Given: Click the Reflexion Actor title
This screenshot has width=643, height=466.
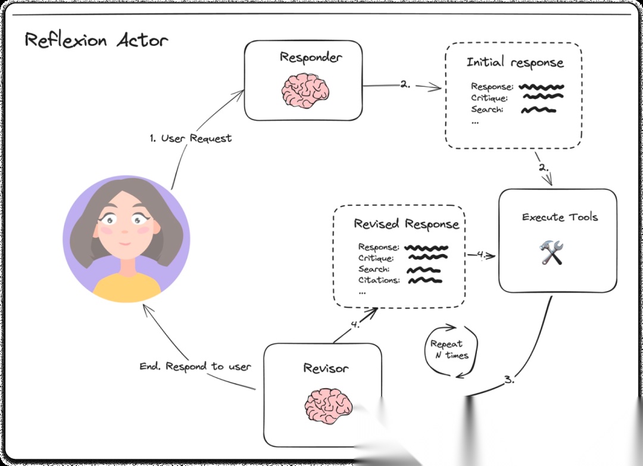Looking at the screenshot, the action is click(96, 40).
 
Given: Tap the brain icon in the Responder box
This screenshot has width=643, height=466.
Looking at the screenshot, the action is click(305, 90).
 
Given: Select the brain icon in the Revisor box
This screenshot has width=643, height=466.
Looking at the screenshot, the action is click(329, 406).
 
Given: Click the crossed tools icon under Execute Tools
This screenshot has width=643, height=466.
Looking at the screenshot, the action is click(551, 252).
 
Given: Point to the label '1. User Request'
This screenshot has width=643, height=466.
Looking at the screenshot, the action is click(191, 138).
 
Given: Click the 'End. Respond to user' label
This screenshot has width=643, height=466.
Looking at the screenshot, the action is click(195, 366).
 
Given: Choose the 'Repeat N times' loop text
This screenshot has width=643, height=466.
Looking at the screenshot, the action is click(449, 349).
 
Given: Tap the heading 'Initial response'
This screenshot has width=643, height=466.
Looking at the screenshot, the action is click(515, 62).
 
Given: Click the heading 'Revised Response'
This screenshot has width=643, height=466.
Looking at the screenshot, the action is click(407, 224).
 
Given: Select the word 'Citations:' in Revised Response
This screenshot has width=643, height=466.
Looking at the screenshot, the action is click(379, 280).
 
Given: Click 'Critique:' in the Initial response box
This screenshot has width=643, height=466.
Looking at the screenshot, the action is click(489, 98).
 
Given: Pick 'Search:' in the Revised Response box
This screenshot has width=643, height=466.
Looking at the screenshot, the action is click(374, 269).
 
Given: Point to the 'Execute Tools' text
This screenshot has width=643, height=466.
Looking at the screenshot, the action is click(560, 217).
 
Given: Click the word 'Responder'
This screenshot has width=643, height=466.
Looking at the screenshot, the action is click(310, 57).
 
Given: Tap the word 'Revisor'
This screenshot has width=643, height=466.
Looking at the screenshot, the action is click(326, 368).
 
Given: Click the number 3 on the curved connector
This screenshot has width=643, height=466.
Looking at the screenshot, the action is click(508, 380).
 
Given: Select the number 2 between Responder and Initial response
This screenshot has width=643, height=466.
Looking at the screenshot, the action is click(405, 85).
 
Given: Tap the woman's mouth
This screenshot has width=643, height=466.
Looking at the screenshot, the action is click(124, 244).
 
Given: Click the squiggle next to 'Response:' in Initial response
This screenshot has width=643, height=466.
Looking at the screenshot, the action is click(541, 87).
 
